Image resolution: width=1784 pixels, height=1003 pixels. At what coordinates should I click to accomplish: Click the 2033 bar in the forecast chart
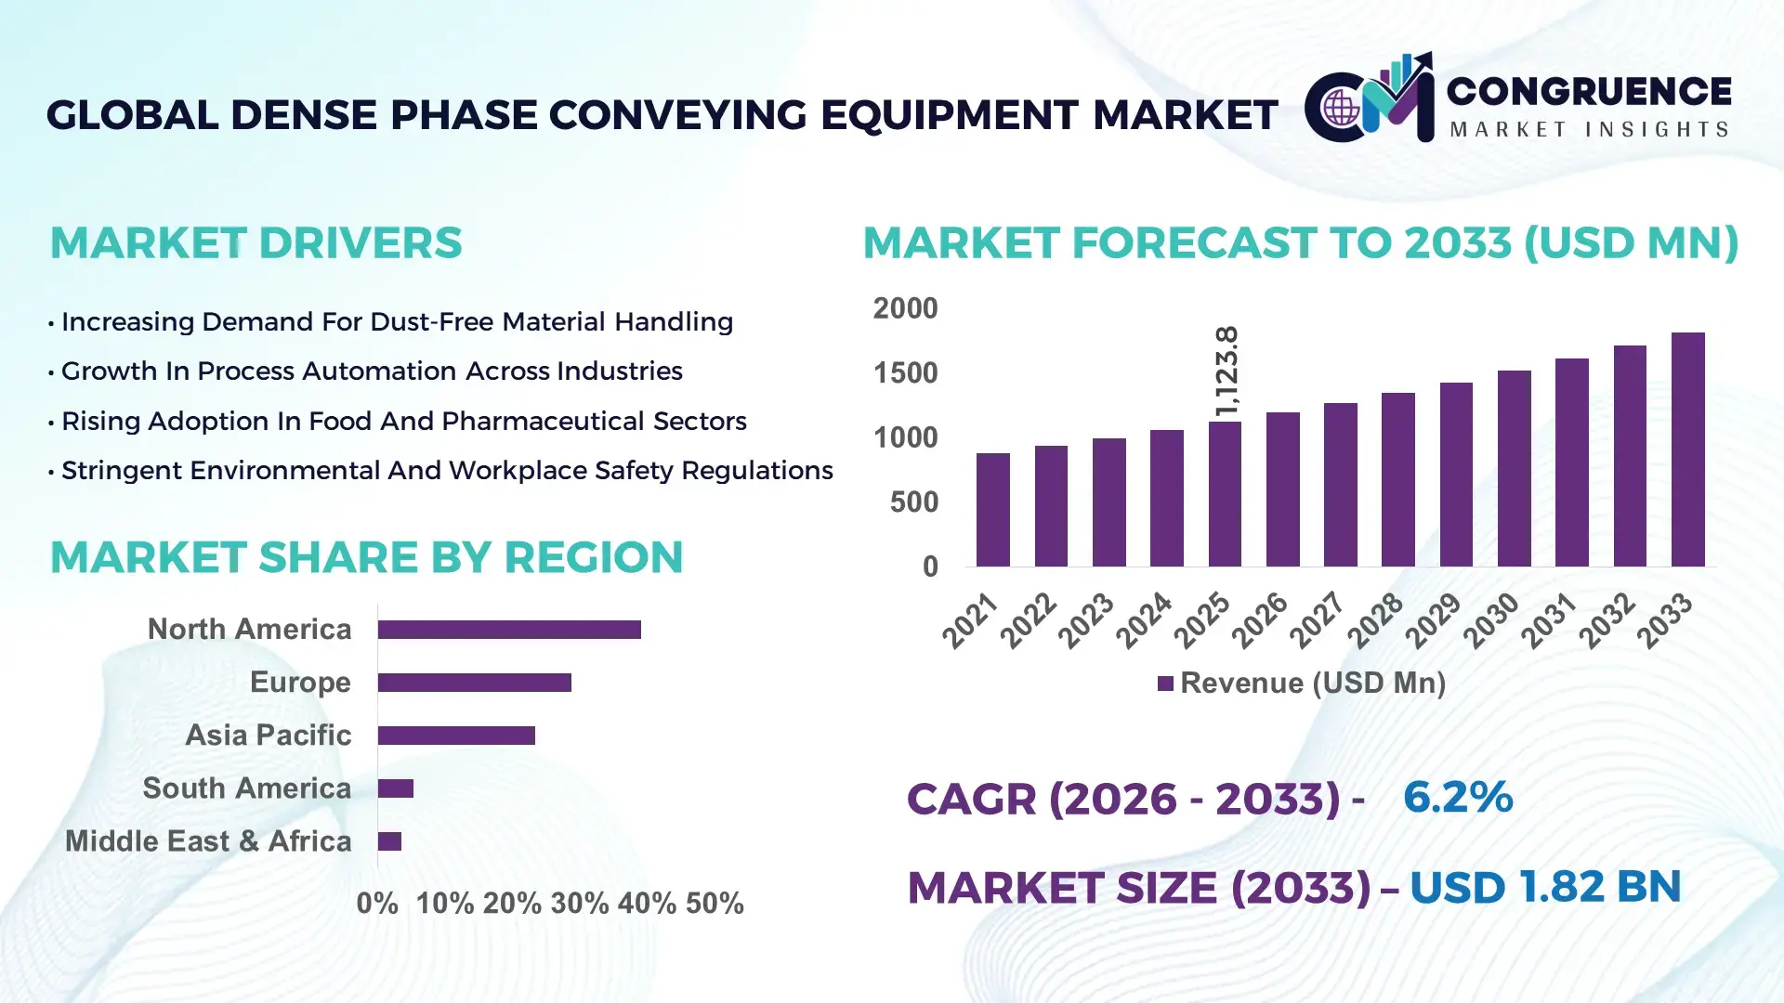(x=1687, y=449)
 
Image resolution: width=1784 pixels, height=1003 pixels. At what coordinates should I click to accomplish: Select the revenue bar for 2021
(x=992, y=510)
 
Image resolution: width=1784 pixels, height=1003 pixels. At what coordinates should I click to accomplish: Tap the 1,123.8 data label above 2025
(x=1226, y=371)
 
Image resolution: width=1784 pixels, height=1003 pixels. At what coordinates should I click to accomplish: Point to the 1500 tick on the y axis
(x=905, y=373)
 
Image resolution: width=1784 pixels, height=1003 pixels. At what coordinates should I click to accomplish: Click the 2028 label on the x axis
(x=1375, y=619)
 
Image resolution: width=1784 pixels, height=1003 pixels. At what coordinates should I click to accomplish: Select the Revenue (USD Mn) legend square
(x=1165, y=684)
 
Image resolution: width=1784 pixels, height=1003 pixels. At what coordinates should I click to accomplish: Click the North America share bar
(x=509, y=630)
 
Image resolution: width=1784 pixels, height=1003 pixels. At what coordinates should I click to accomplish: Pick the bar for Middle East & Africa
(x=389, y=841)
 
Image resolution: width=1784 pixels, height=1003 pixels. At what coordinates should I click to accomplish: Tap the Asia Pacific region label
(x=268, y=735)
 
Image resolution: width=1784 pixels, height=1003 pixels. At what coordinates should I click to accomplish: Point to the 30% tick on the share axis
(x=579, y=903)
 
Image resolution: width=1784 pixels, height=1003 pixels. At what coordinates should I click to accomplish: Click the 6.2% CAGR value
(x=1457, y=797)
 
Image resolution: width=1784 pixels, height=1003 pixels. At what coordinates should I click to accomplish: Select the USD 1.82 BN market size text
(x=1544, y=887)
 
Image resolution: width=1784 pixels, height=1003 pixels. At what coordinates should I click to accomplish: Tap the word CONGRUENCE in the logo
(x=1588, y=91)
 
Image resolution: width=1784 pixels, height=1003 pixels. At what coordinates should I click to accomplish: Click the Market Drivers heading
(x=256, y=243)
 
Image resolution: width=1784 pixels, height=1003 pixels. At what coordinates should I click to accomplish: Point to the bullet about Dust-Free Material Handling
(x=397, y=321)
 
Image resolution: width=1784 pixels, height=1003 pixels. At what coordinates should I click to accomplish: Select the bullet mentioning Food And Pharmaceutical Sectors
(x=403, y=421)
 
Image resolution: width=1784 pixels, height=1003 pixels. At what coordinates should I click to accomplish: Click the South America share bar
(x=395, y=788)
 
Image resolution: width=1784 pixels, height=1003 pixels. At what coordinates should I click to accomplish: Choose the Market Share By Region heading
(x=366, y=557)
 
